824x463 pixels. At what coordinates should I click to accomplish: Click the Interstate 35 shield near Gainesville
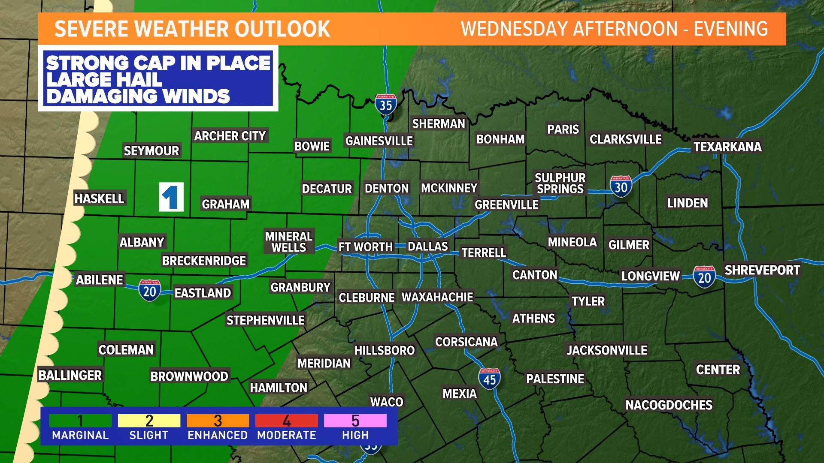click(385, 104)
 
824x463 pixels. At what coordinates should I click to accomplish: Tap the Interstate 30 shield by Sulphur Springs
click(621, 186)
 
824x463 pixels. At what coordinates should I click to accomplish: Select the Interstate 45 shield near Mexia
click(489, 379)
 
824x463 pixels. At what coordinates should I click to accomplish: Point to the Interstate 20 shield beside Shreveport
click(704, 277)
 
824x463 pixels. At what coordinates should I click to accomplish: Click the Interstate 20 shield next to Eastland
click(149, 291)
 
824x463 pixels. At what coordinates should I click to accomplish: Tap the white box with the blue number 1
click(171, 197)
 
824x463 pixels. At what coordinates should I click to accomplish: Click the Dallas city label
click(427, 247)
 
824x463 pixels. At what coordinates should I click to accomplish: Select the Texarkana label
click(727, 147)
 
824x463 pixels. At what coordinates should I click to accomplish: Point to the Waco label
click(387, 402)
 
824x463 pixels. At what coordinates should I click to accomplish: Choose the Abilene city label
click(100, 280)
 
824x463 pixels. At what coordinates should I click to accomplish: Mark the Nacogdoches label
click(669, 405)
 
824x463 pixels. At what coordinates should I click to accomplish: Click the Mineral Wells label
click(288, 242)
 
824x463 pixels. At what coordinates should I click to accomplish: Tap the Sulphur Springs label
click(560, 183)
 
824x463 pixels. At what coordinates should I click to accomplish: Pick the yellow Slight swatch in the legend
click(149, 421)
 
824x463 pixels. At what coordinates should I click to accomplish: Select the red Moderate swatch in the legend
click(286, 421)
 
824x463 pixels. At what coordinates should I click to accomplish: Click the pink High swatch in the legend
click(355, 421)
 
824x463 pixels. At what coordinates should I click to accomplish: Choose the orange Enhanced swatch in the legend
click(218, 421)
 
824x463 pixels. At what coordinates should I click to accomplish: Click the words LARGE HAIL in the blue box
click(104, 80)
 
